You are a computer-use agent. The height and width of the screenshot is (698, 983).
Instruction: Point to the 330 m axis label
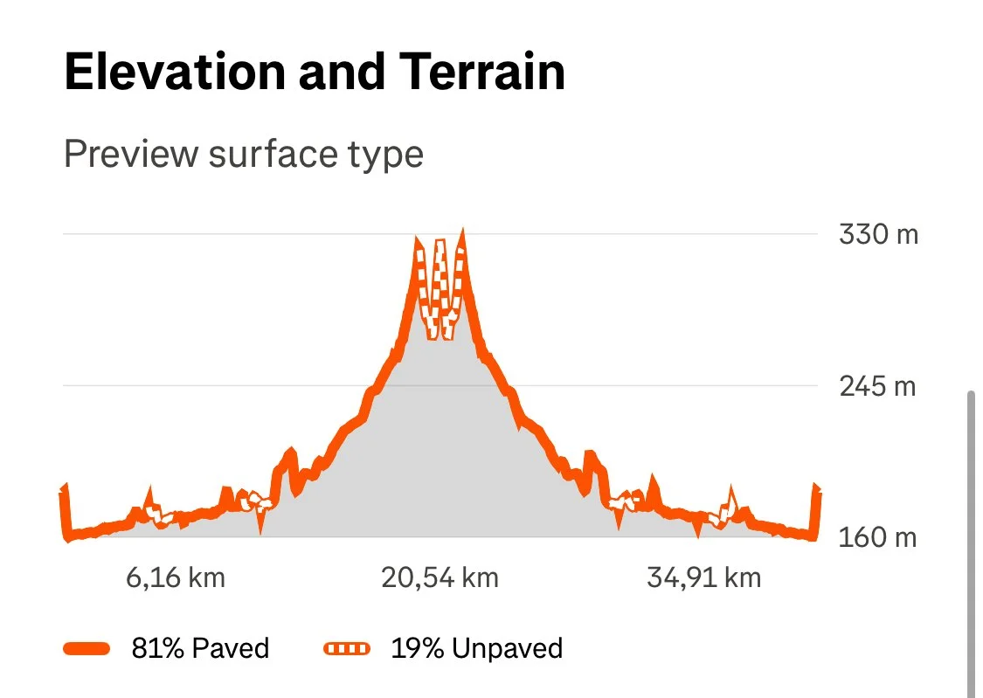tap(878, 235)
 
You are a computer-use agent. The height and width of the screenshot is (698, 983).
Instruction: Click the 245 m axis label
tap(878, 385)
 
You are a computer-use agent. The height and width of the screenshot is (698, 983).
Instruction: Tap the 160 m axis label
tap(878, 537)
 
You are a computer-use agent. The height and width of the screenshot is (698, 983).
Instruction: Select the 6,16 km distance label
tap(177, 577)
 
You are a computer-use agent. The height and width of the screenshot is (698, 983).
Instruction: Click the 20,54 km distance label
tap(440, 577)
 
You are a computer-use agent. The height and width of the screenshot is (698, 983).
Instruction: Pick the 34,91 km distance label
tap(704, 577)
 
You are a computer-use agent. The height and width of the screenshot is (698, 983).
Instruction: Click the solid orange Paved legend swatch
tap(87, 648)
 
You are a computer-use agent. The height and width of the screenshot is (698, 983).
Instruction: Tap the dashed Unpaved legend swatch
tap(348, 648)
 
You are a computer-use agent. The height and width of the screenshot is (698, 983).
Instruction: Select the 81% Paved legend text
tap(200, 648)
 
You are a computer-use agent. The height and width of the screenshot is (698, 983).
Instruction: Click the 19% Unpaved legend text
tap(477, 648)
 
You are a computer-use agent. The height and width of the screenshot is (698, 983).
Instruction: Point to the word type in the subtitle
tap(387, 155)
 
